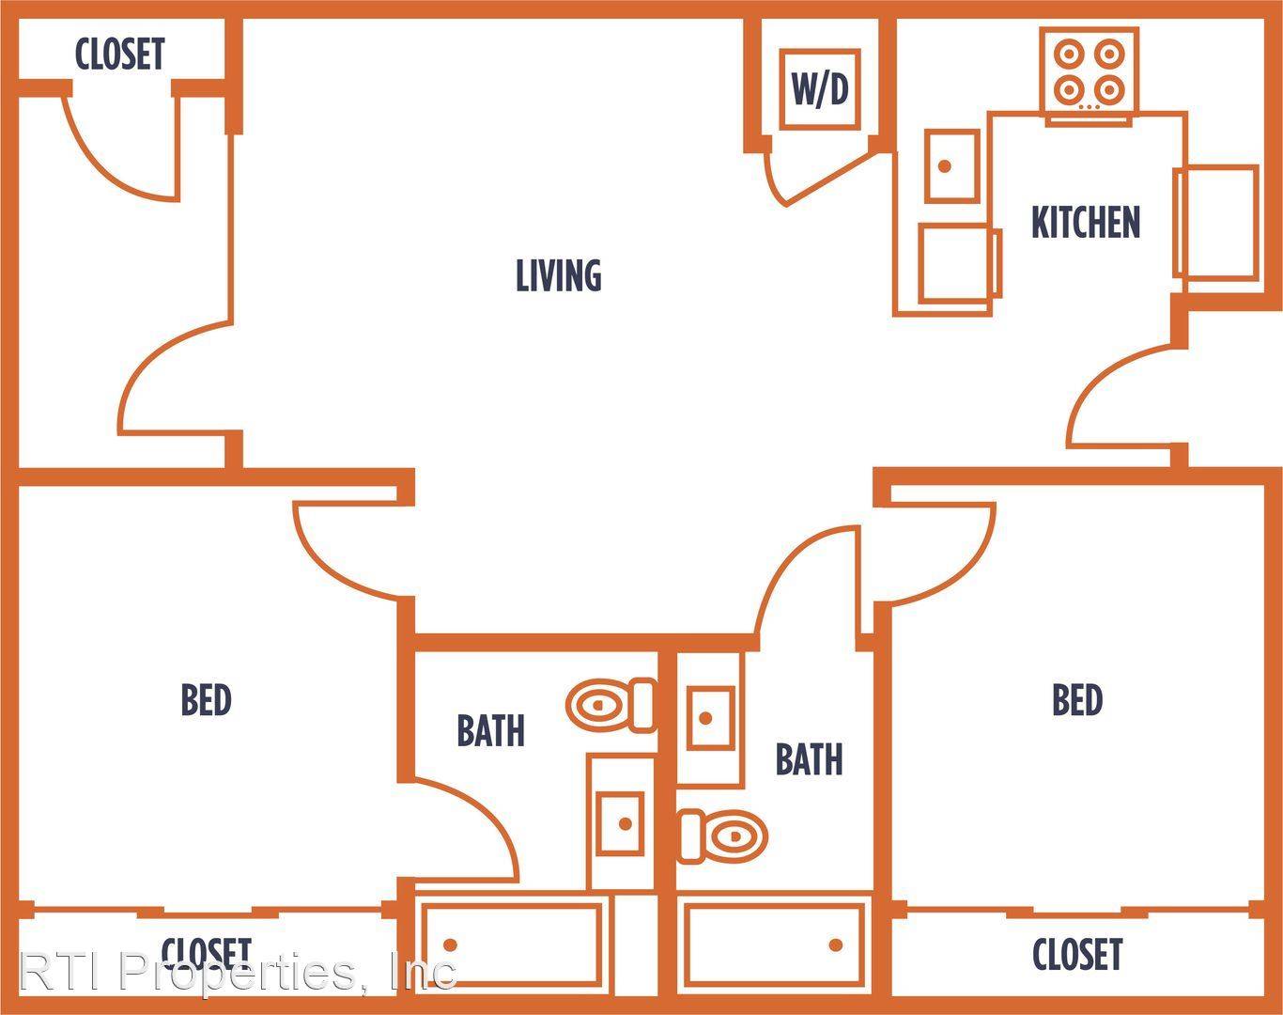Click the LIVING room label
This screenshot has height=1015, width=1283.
(559, 275)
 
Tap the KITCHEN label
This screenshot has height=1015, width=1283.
(1086, 222)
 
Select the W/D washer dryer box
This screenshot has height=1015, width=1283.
(820, 89)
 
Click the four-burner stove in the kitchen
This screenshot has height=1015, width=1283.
(1090, 72)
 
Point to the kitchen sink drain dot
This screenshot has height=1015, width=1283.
(944, 166)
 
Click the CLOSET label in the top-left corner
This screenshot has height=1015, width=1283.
(120, 55)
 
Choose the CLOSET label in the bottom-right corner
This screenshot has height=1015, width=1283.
(1077, 954)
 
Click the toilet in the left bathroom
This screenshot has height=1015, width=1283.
(611, 705)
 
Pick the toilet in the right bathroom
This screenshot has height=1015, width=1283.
(722, 836)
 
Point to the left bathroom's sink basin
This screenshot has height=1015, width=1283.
(621, 824)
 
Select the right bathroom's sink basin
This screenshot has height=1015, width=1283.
(711, 718)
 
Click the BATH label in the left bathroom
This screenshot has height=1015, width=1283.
(491, 730)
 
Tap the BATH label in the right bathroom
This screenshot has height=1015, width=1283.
(809, 759)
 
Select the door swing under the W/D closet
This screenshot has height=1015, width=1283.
(817, 178)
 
